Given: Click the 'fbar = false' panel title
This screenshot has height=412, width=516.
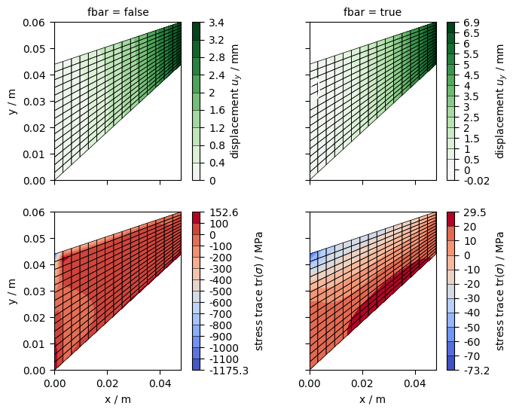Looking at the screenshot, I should click(118, 12).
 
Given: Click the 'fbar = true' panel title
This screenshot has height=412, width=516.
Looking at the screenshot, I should click(372, 12).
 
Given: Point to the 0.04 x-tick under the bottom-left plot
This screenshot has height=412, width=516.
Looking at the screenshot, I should click(160, 383).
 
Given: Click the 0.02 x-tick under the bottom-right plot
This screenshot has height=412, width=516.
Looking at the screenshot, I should click(362, 383).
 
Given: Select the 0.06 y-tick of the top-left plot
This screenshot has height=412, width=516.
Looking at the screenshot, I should click(37, 23).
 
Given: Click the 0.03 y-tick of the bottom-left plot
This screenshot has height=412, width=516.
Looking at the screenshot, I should click(37, 291).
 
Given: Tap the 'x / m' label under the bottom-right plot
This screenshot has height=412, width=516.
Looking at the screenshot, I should click(372, 398).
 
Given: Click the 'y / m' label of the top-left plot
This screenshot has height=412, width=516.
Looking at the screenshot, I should click(12, 102).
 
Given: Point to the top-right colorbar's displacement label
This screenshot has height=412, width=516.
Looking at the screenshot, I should click(501, 102).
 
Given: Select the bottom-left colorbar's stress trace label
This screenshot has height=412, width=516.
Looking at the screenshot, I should click(259, 291).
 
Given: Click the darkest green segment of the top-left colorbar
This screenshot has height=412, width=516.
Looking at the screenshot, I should click(196, 29).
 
